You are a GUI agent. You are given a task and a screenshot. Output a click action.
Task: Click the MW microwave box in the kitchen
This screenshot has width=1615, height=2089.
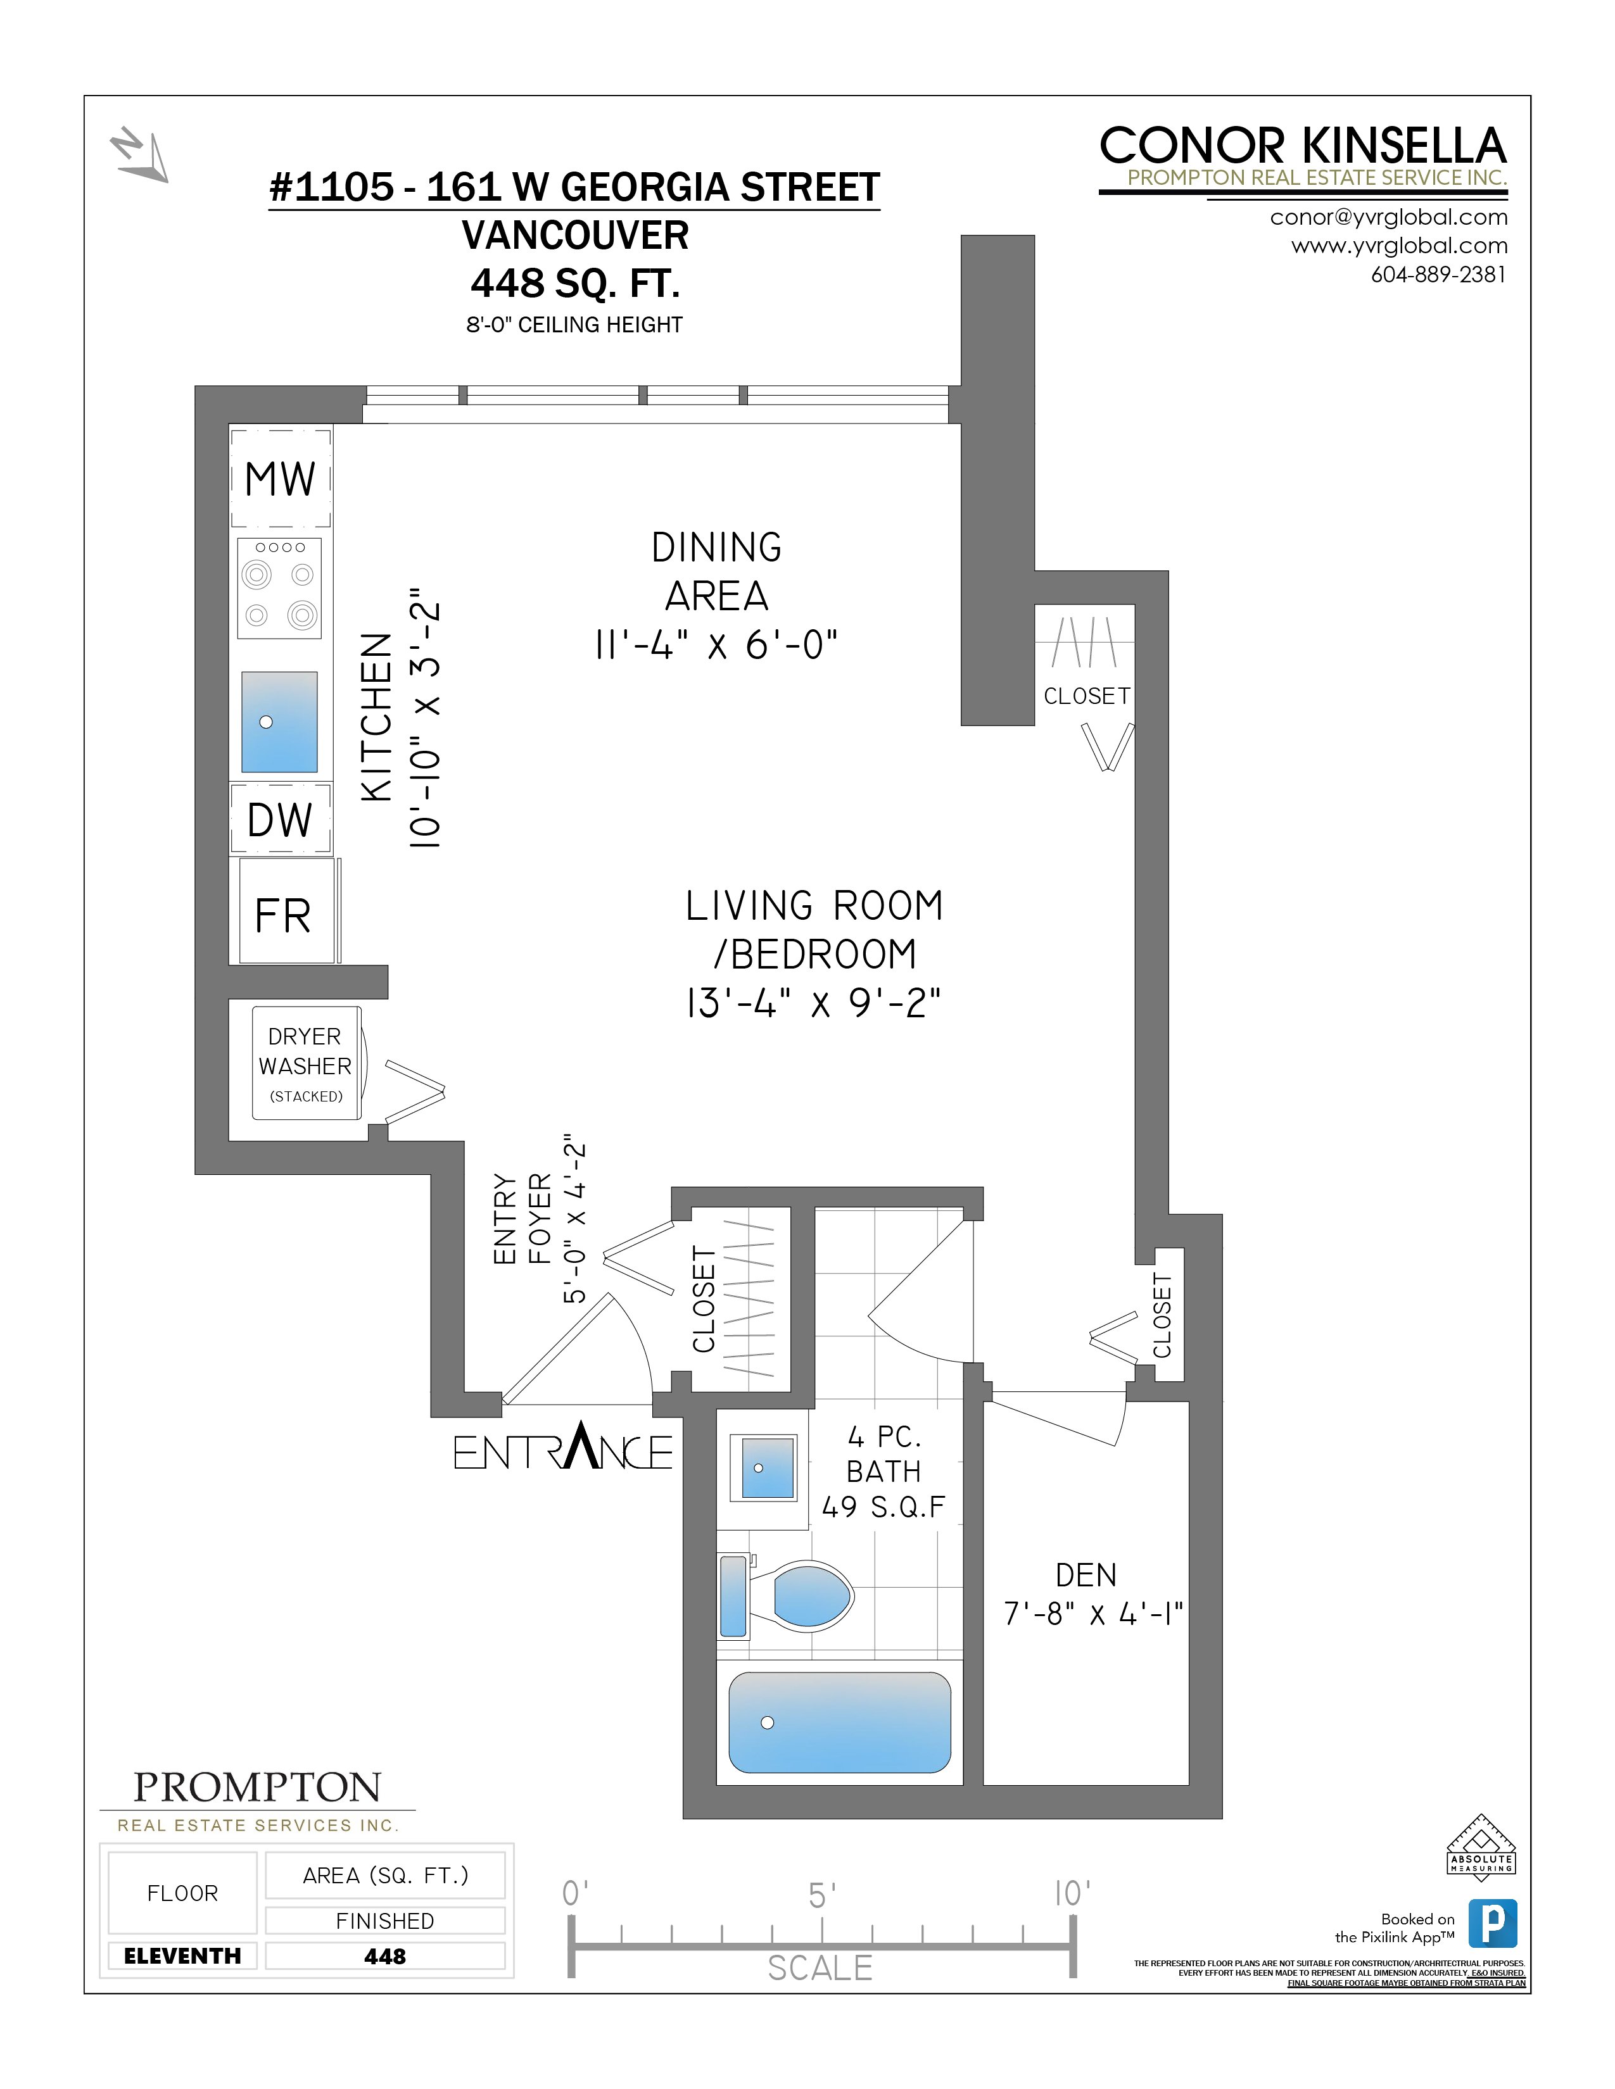[281, 478]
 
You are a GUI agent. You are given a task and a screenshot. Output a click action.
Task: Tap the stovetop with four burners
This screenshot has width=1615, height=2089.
[279, 588]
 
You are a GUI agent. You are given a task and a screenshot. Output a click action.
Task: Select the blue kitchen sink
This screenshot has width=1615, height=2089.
[279, 722]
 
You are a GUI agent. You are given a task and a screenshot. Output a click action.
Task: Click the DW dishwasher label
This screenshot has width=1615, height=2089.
[281, 820]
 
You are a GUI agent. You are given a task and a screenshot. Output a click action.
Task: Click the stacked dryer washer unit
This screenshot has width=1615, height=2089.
[306, 1063]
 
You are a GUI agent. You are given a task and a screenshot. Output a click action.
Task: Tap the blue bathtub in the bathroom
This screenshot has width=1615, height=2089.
[839, 1722]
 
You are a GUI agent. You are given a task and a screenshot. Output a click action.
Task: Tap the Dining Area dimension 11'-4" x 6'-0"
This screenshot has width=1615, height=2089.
[716, 644]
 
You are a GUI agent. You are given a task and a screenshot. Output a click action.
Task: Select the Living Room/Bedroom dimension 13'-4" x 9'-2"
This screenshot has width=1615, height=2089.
[813, 1003]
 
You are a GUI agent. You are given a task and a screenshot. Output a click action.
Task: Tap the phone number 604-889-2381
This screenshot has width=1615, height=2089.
[1438, 275]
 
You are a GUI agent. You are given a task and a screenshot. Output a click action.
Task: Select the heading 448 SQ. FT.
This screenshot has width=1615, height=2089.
[575, 283]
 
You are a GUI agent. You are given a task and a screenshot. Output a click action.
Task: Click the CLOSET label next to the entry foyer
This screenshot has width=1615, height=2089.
[704, 1299]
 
